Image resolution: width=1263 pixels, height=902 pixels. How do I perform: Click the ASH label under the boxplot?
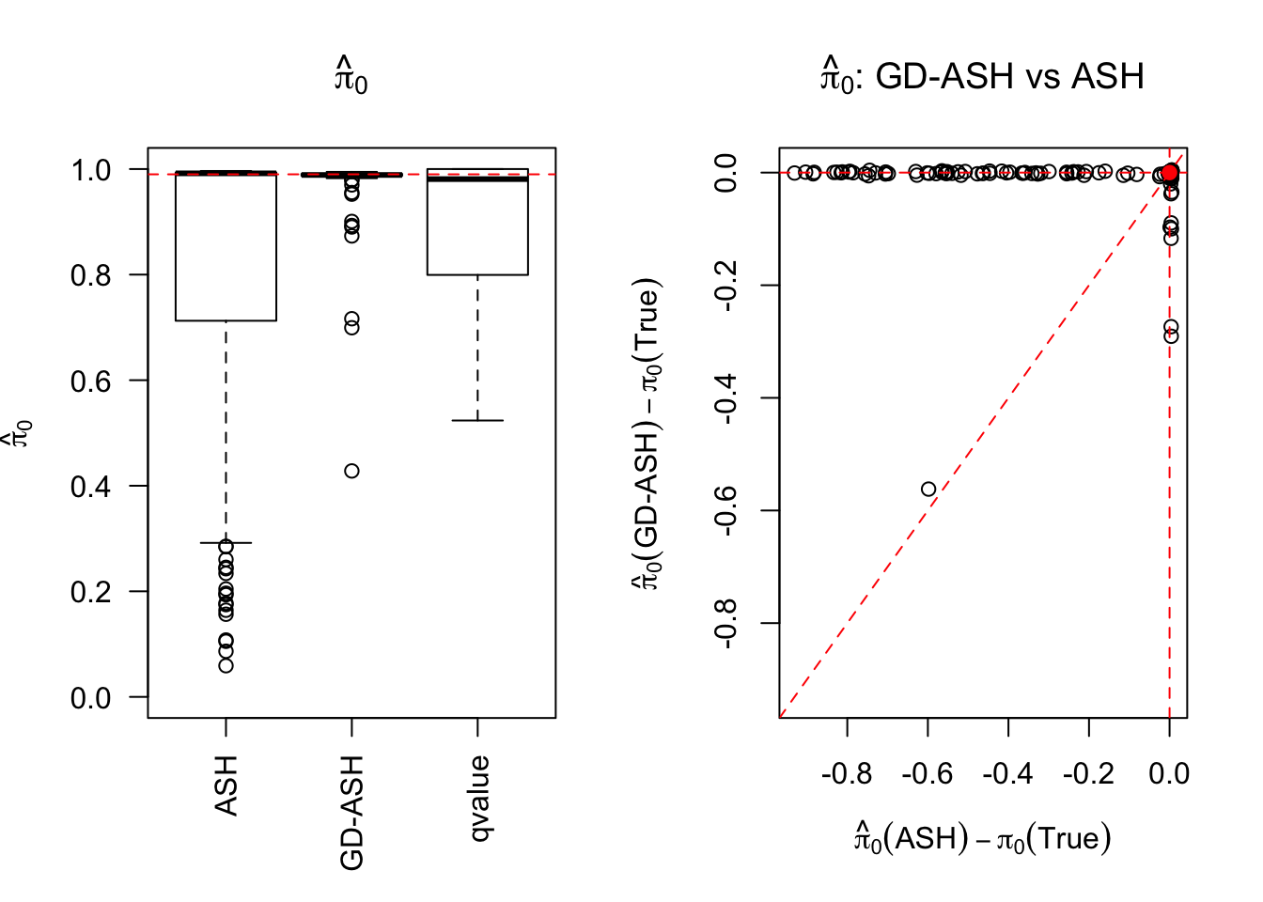(226, 785)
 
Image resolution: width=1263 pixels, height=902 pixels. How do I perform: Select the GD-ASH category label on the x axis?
(351, 813)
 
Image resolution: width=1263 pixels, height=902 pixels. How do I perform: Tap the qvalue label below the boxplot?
(478, 798)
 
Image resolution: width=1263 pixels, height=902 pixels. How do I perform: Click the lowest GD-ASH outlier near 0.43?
(351, 471)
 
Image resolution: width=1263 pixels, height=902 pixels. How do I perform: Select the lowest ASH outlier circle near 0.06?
(226, 665)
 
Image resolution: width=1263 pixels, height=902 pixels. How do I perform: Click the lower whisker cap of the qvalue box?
(477, 420)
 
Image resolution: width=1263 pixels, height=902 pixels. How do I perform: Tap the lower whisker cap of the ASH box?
(226, 543)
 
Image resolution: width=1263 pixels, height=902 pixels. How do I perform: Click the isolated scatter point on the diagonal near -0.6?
(928, 489)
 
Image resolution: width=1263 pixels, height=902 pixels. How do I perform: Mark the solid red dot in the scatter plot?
(1169, 172)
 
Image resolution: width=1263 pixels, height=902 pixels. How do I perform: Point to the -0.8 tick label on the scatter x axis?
(847, 773)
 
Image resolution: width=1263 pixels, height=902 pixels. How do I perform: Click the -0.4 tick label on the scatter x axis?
(1007, 773)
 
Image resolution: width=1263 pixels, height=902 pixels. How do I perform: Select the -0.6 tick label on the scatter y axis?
(726, 510)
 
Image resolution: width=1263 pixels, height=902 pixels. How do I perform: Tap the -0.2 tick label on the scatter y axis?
(726, 285)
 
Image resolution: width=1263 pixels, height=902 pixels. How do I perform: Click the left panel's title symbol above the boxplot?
(351, 76)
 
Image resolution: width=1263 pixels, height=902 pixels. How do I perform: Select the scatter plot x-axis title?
(982, 837)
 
